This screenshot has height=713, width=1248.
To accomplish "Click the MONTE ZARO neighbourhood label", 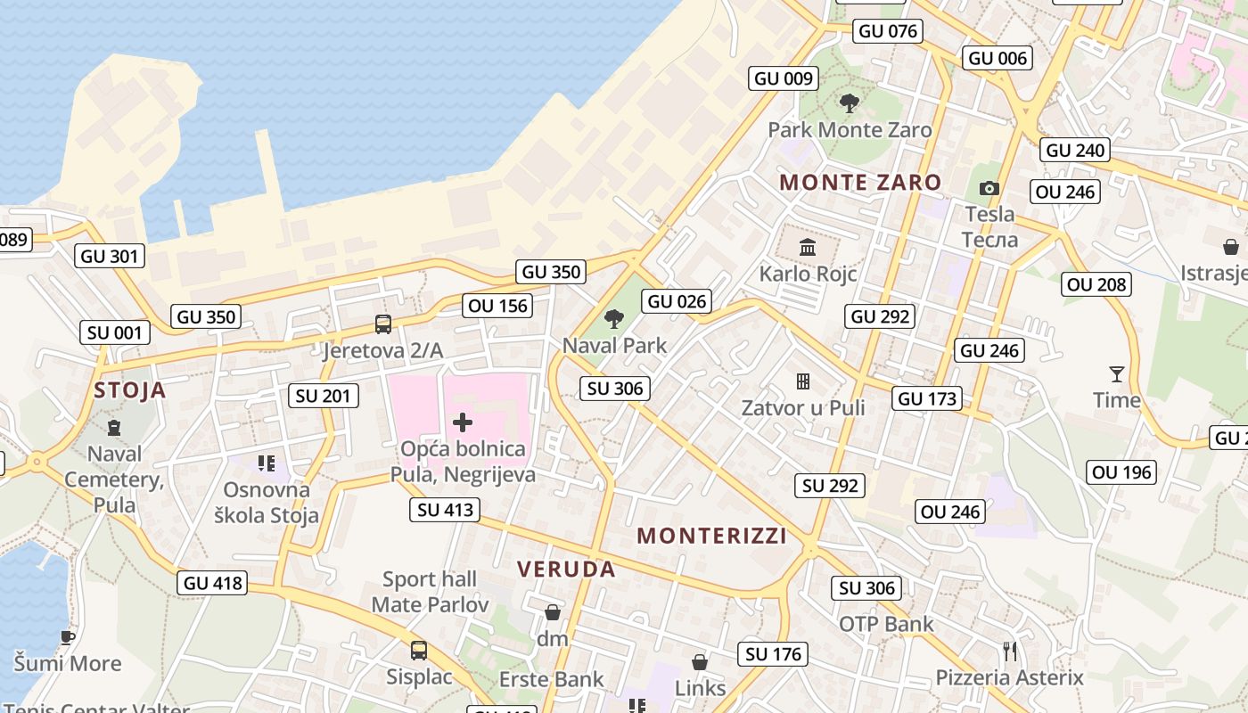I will click(860, 183).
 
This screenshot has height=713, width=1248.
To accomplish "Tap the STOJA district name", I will click(130, 390).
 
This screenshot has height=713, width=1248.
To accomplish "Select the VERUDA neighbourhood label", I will click(566, 570).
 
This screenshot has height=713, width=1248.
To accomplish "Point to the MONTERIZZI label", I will click(712, 536).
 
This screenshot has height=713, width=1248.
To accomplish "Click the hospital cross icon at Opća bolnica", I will click(463, 422).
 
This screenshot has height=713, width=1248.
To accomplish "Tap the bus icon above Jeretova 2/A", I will click(383, 324).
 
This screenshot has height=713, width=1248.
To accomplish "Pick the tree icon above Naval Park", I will click(613, 318).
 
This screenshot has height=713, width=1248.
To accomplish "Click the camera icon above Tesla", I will click(989, 188).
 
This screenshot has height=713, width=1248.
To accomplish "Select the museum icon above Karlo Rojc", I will click(808, 247).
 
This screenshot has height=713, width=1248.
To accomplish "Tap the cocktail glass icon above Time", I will click(1117, 373).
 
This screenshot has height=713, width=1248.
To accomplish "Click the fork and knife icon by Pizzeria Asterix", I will click(1009, 652).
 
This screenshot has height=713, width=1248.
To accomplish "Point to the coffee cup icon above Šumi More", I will click(68, 637).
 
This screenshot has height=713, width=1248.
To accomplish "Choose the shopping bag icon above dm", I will click(553, 612).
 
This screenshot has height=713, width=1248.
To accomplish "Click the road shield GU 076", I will click(887, 31).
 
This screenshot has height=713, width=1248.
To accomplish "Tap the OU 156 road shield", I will click(498, 306).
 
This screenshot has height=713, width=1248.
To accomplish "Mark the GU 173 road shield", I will click(928, 398).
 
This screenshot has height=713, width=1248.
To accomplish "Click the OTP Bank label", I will click(886, 624).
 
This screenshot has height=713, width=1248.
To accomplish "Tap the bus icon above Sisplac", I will click(419, 650).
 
